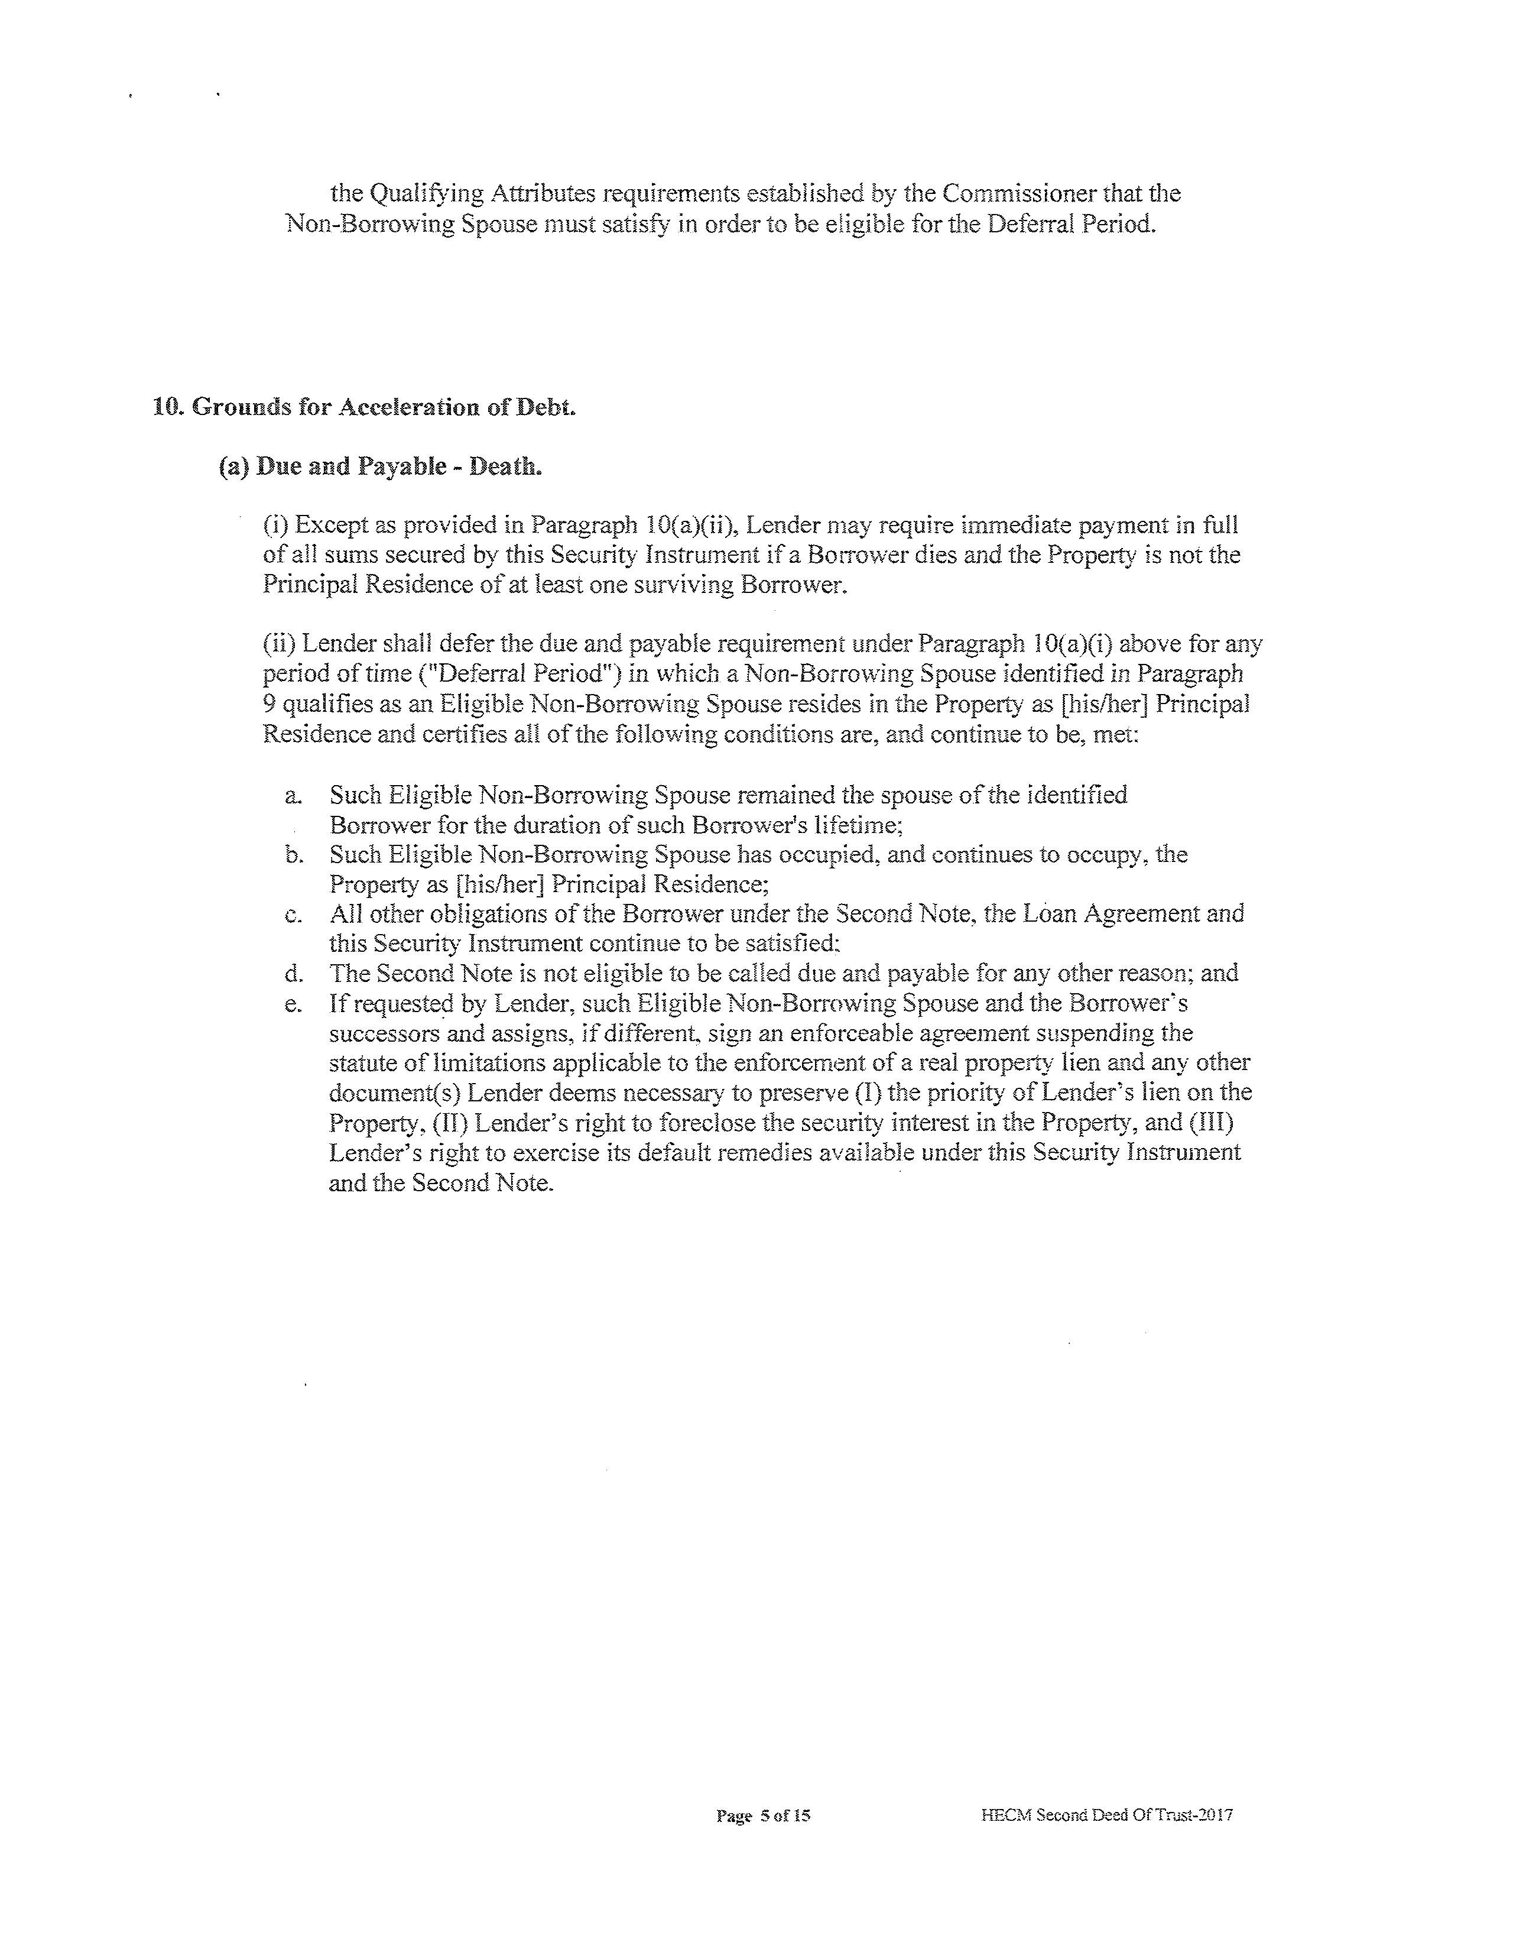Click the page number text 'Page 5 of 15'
(763, 1816)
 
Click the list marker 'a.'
(292, 795)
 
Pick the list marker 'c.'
(292, 915)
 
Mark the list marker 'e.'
(292, 1003)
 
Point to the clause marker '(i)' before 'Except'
(275, 526)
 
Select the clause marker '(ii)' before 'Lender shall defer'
(279, 644)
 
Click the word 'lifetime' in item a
(846, 825)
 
